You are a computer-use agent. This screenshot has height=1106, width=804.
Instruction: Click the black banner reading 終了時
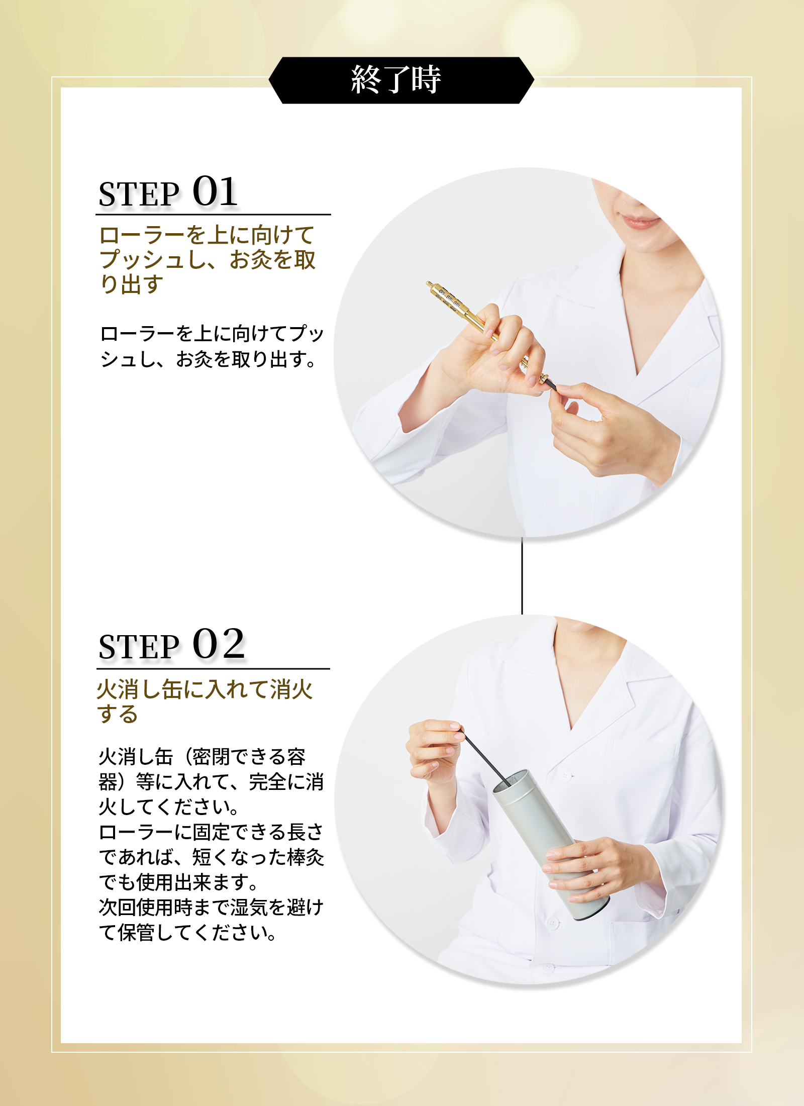pyautogui.click(x=401, y=80)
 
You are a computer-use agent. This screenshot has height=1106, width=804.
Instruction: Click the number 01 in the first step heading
pyautogui.click(x=215, y=191)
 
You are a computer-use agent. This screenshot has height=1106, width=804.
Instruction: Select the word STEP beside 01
pyautogui.click(x=139, y=194)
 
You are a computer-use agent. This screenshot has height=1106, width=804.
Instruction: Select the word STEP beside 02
pyautogui.click(x=139, y=646)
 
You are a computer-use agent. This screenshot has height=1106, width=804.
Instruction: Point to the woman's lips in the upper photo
pyautogui.click(x=639, y=222)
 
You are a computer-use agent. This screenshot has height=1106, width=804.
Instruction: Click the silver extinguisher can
pyautogui.click(x=550, y=844)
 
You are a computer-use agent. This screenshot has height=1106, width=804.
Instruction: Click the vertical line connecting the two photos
pyautogui.click(x=522, y=576)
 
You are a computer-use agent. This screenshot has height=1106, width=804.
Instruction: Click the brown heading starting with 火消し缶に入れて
pyautogui.click(x=205, y=701)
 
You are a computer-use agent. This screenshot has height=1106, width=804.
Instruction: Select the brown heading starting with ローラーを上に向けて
pyautogui.click(x=207, y=259)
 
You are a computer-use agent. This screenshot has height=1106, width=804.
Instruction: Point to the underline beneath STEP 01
pyautogui.click(x=213, y=215)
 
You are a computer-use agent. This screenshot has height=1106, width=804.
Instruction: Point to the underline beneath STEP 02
pyautogui.click(x=213, y=669)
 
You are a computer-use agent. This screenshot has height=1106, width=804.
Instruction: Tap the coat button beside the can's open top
pyautogui.click(x=565, y=776)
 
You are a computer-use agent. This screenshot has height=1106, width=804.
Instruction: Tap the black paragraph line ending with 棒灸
pyautogui.click(x=212, y=857)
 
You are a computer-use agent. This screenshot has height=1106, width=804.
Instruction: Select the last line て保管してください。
pyautogui.click(x=187, y=933)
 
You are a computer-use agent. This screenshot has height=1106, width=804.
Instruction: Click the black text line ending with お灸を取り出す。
pyautogui.click(x=208, y=359)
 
